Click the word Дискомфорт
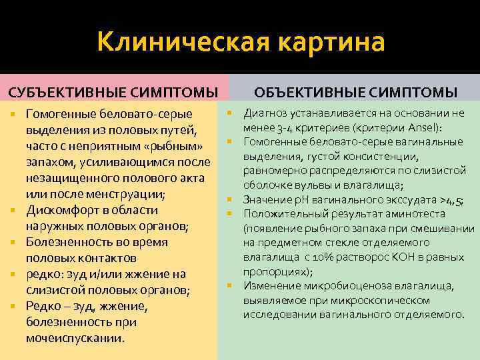[63, 211]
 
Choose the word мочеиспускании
[75, 338]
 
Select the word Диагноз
[267, 113]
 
